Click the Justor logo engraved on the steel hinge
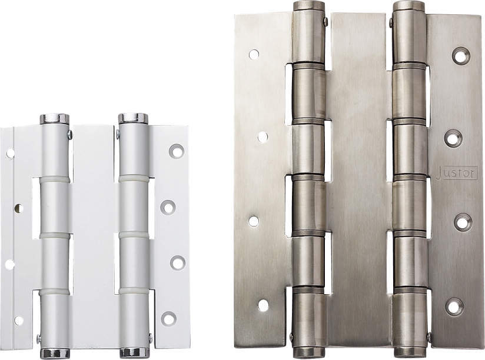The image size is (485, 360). (456, 174)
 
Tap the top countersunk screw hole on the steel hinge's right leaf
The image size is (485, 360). (461, 56)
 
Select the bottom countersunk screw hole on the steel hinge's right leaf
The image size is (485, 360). (454, 306)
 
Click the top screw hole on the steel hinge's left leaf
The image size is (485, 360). (254, 54)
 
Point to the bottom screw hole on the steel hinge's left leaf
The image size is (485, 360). (263, 306)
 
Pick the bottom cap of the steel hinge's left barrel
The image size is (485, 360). (308, 352)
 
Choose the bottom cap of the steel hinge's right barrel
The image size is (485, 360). (410, 352)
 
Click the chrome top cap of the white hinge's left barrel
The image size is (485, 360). (55, 119)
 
